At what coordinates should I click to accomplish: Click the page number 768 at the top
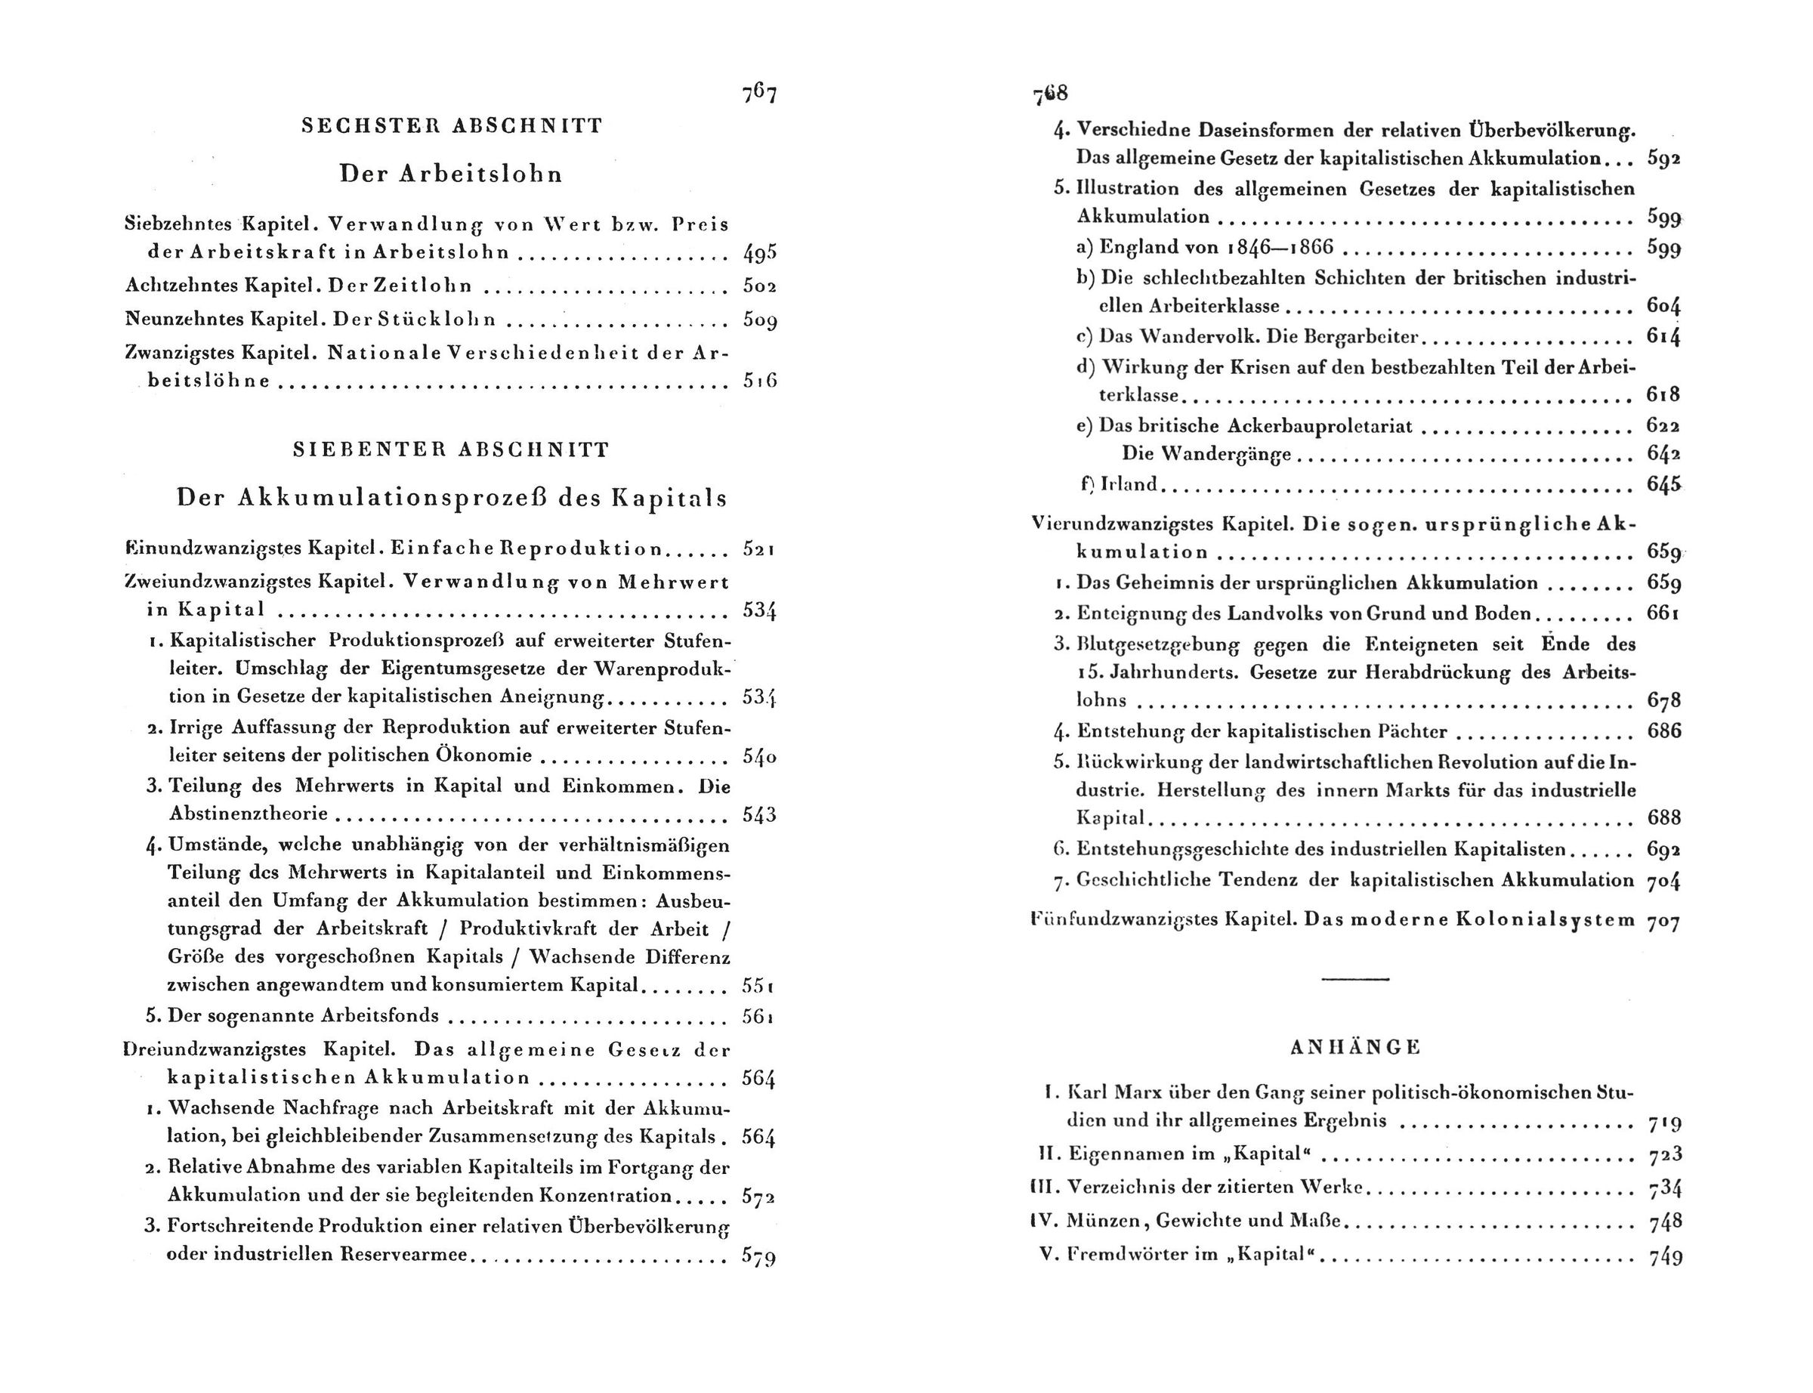pos(1050,94)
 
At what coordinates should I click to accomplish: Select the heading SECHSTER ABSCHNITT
pos(452,126)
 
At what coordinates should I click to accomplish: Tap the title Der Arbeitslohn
pos(452,174)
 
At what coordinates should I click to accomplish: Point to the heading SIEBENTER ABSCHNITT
pos(452,450)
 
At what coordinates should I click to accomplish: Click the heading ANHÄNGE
pos(1355,1047)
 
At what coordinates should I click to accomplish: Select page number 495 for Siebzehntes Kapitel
pos(759,254)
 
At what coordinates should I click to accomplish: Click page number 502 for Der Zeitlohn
pos(759,287)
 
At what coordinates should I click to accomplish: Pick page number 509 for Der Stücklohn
pos(759,320)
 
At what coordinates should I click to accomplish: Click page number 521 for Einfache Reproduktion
pos(759,550)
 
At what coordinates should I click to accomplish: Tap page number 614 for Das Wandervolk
pos(1663,338)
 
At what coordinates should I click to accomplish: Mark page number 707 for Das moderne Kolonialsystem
pos(1663,920)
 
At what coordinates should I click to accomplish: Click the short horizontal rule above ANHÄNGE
pos(1355,981)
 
